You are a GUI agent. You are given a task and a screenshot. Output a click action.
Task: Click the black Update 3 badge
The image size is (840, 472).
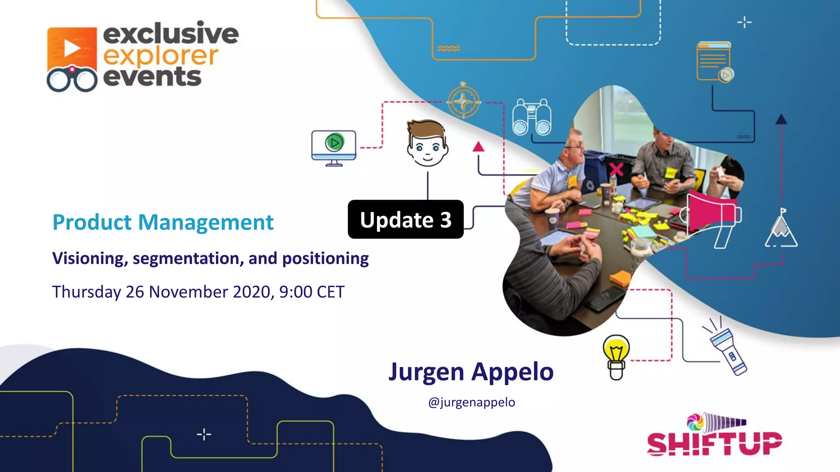[x=405, y=219]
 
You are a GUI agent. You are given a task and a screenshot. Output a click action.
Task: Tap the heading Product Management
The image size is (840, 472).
[x=163, y=222]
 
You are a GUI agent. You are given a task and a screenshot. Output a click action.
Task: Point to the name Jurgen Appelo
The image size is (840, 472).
[x=471, y=372]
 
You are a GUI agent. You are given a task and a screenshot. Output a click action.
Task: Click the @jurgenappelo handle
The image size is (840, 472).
[x=471, y=402]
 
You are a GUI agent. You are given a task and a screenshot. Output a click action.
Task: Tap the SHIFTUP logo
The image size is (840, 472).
[x=714, y=436]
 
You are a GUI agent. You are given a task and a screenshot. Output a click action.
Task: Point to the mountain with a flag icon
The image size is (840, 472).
[x=781, y=229]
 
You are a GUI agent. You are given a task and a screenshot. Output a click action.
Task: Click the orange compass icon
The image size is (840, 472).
[x=463, y=101]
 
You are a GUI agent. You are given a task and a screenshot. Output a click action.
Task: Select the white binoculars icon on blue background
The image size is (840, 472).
[x=532, y=117]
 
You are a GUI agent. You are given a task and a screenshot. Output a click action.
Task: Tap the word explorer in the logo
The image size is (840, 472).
[x=160, y=57]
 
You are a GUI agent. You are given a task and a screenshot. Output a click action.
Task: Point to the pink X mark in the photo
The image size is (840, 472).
[x=616, y=169]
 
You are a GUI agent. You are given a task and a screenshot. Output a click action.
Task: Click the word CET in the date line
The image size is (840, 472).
[x=331, y=292]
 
